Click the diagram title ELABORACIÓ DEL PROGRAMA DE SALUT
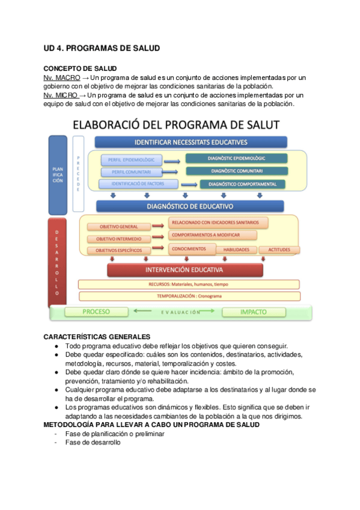pyautogui.click(x=176, y=126)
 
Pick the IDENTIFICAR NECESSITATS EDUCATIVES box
pyautogui.click(x=191, y=143)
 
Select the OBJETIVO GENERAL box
pyautogui.click(x=118, y=227)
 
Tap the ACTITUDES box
pyautogui.click(x=279, y=250)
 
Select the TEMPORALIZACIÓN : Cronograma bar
pyautogui.click(x=189, y=296)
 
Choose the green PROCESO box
pyautogui.click(x=96, y=312)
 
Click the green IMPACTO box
pyautogui.click(x=253, y=312)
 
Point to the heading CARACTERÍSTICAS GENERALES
pyautogui.click(x=97, y=336)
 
